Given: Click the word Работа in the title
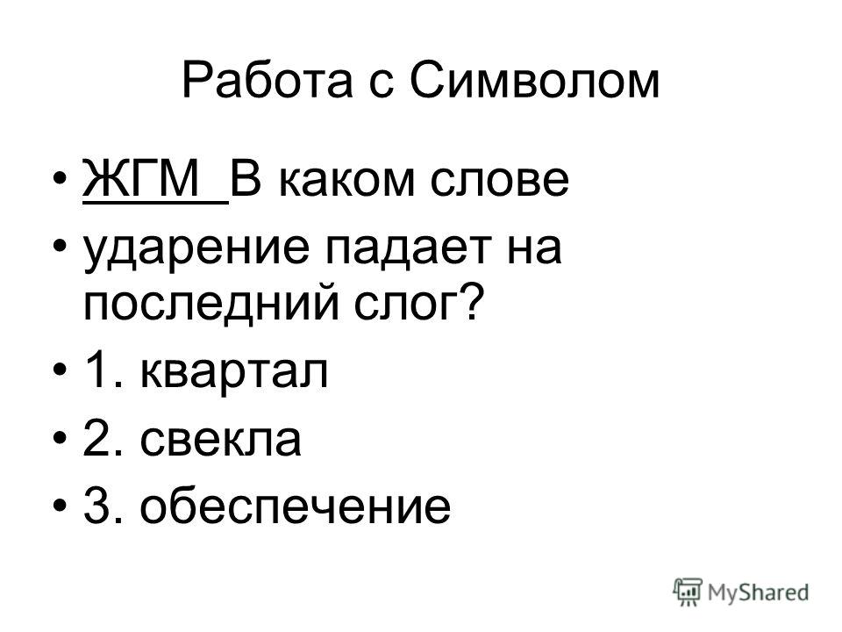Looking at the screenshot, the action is [x=268, y=81].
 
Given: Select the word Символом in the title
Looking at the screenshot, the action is [x=535, y=81].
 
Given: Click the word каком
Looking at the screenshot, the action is [x=347, y=181].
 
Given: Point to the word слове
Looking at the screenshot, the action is [x=499, y=181].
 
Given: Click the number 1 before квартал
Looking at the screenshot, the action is [x=97, y=370].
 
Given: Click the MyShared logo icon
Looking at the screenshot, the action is [x=688, y=592].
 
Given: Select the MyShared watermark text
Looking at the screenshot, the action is [x=758, y=592].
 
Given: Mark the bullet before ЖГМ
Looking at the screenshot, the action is [x=61, y=179].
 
